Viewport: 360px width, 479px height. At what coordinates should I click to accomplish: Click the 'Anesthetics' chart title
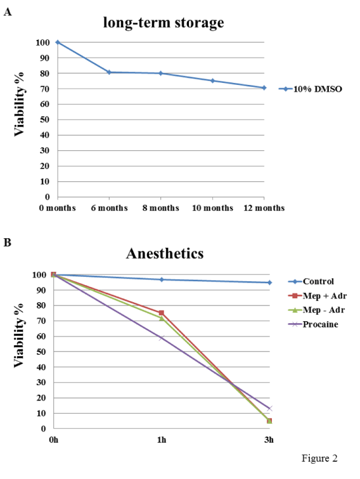click(165, 253)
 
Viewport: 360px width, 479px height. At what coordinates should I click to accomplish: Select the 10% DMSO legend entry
click(310, 89)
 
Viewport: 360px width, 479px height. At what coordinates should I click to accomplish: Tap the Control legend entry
click(311, 281)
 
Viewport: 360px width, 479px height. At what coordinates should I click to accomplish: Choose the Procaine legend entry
click(313, 324)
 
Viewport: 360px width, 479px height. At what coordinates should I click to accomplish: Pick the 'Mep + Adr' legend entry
click(317, 296)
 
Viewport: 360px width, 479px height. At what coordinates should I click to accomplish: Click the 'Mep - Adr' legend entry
click(316, 310)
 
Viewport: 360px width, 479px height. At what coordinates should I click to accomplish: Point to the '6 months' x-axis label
click(109, 208)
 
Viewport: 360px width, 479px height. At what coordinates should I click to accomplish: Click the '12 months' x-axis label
click(264, 208)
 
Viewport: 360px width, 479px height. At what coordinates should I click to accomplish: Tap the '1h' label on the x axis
click(162, 440)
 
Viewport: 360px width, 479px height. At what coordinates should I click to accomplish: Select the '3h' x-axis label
click(269, 440)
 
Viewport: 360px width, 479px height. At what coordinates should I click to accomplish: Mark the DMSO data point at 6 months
click(109, 72)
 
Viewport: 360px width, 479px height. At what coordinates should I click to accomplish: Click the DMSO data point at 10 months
click(213, 80)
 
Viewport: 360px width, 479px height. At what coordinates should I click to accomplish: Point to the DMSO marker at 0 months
click(58, 42)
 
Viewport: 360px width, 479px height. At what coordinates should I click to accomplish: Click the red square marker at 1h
click(162, 313)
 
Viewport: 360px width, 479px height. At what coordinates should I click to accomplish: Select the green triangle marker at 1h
click(162, 318)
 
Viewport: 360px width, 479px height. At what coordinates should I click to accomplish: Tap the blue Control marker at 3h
click(269, 283)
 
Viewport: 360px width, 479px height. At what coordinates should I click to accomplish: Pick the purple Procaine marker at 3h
click(269, 409)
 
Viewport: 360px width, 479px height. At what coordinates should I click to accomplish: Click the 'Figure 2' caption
click(319, 458)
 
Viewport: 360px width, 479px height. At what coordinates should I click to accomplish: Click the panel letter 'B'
click(8, 243)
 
